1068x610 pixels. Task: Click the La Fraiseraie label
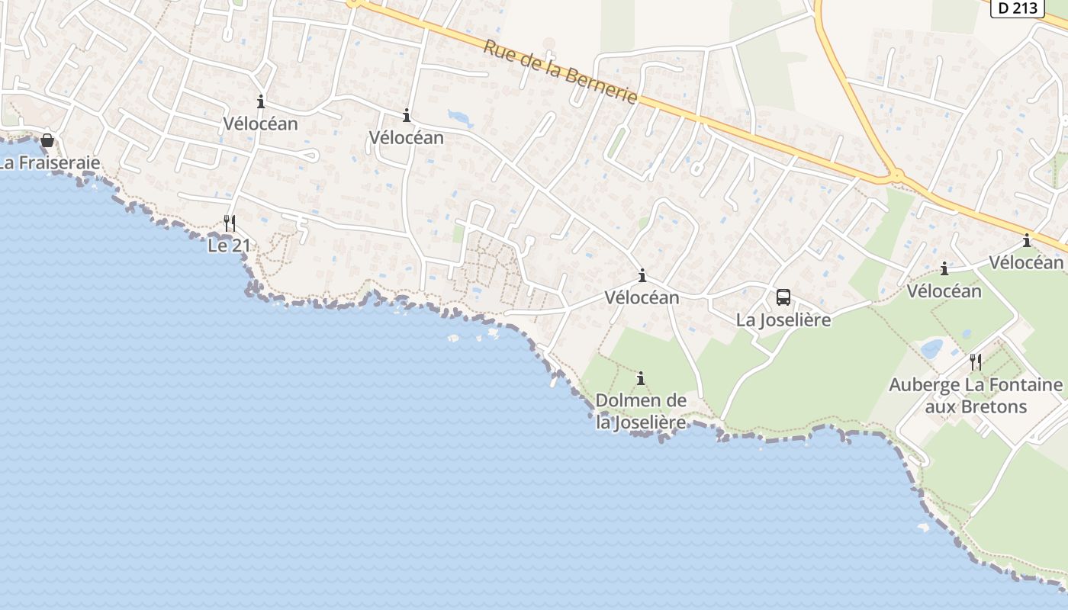click(50, 162)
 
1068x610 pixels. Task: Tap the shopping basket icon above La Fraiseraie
click(47, 140)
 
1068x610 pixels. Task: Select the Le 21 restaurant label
click(229, 246)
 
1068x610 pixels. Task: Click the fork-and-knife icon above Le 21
click(229, 223)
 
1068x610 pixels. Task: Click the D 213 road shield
click(1018, 8)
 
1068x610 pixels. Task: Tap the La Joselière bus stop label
click(783, 320)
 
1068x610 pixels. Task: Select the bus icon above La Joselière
click(783, 297)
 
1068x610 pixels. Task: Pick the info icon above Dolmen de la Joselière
click(641, 378)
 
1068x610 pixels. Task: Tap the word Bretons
click(992, 406)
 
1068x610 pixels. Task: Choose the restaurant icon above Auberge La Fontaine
click(976, 361)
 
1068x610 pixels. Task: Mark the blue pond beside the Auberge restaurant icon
click(931, 349)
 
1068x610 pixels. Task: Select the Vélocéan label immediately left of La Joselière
click(642, 297)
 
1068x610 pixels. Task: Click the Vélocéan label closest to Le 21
click(260, 124)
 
